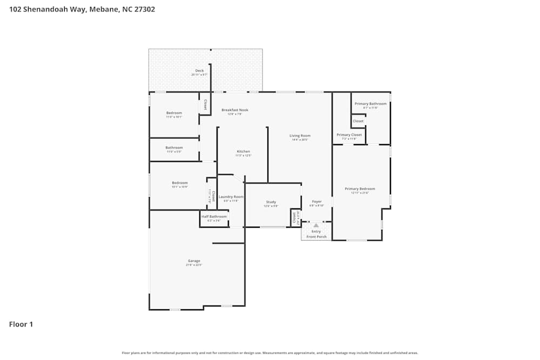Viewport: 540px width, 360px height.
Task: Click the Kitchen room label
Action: point(243,152)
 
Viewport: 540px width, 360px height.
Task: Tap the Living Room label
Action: point(300,136)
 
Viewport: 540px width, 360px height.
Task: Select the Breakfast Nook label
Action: point(235,110)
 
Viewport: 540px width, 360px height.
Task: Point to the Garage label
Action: point(194,261)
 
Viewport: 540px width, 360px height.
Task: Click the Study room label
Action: point(271,202)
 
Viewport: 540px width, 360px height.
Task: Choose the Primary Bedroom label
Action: point(360,189)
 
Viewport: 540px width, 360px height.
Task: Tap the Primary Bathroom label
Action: point(370,104)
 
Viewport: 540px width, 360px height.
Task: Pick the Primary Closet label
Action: point(349,135)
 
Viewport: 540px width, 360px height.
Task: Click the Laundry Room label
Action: point(231,197)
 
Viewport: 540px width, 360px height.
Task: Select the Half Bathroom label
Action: point(214,216)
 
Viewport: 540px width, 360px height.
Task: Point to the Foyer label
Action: point(316,202)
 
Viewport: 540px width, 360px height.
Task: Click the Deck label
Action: point(199,71)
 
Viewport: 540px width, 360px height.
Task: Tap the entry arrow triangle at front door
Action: point(316,226)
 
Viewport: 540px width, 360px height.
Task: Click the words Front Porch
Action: point(316,236)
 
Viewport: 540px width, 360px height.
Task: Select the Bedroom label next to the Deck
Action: point(174,113)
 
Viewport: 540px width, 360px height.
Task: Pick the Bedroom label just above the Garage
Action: point(180,183)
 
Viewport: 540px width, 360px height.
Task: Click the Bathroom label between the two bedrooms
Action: point(174,148)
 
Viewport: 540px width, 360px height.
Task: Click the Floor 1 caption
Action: point(21,324)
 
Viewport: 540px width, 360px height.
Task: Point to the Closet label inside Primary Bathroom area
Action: point(358,121)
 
